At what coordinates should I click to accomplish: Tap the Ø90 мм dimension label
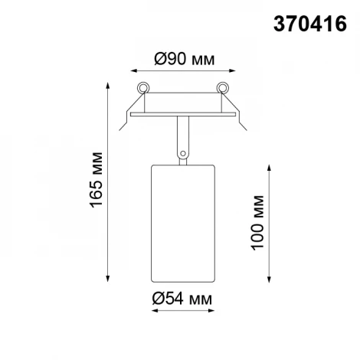(182, 58)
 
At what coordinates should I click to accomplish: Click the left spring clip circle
(142, 86)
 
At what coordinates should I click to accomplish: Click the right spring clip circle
(223, 86)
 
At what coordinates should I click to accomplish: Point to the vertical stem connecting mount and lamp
(182, 134)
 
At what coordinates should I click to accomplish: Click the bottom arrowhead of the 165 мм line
(106, 280)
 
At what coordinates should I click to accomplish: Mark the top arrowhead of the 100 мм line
(269, 165)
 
